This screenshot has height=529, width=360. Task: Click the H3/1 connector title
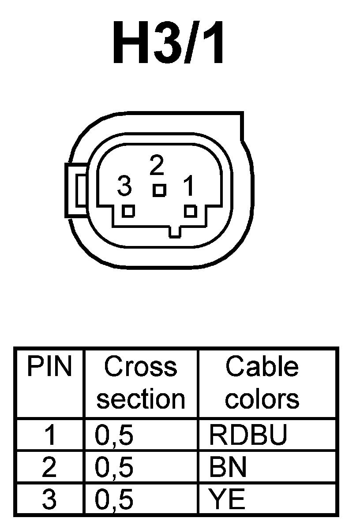tap(169, 43)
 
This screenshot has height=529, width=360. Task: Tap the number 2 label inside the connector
tap(157, 166)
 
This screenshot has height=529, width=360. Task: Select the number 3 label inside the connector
tap(124, 187)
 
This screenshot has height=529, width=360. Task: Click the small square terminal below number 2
tap(159, 190)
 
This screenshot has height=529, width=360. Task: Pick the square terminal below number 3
tap(128, 211)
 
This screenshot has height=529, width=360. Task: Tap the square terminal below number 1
tap(190, 211)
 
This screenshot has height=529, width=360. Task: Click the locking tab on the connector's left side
tap(76, 190)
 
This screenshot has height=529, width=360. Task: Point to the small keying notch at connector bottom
tap(175, 232)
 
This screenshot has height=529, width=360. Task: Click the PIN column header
tap(49, 367)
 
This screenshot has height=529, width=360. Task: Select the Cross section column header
tap(141, 383)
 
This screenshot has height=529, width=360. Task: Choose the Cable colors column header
tap(262, 383)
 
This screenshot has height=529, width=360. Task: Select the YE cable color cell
tap(227, 500)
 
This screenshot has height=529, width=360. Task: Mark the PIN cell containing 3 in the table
tap(49, 500)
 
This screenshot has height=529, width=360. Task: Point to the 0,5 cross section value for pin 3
tap(114, 500)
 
